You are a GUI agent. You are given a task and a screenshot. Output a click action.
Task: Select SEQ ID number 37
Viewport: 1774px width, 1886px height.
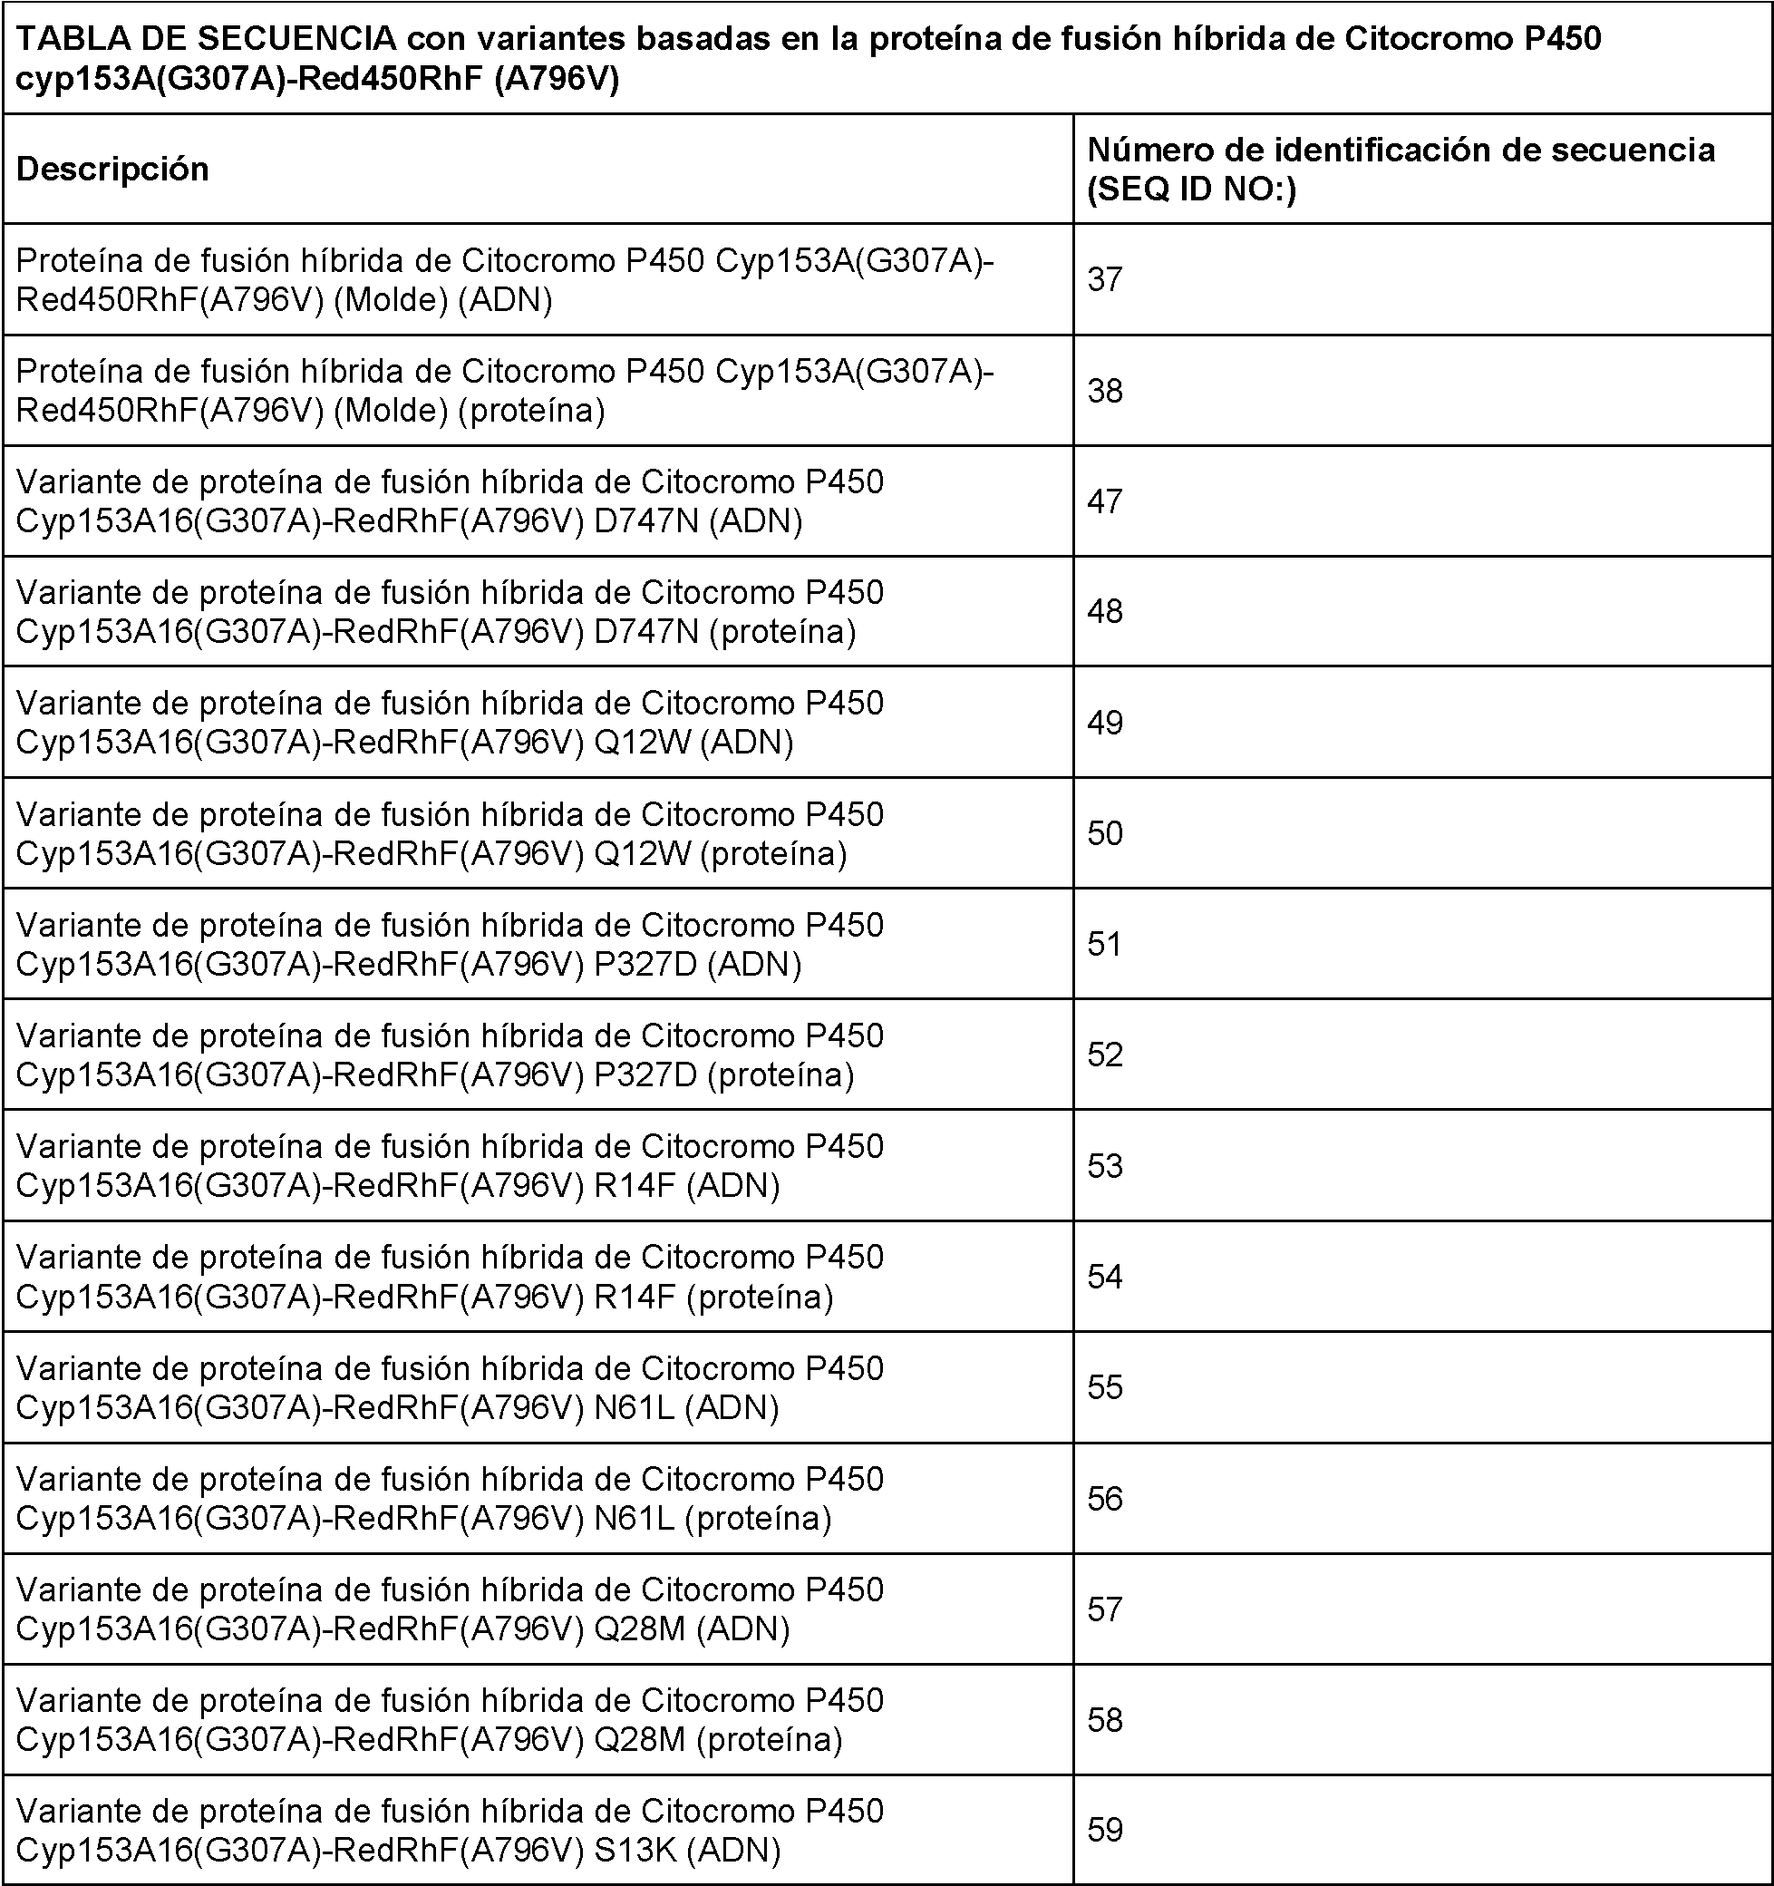point(1105,280)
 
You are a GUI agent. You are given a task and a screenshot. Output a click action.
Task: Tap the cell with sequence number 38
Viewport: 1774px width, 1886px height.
point(1105,391)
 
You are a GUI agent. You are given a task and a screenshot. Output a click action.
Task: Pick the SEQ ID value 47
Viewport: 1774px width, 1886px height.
point(1105,501)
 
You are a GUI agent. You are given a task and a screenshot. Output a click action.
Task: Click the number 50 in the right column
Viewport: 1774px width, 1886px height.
point(1105,833)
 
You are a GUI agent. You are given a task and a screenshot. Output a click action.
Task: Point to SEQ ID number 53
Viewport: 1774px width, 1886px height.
point(1105,1165)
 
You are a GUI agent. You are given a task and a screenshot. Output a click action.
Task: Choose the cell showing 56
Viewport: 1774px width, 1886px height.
point(1105,1498)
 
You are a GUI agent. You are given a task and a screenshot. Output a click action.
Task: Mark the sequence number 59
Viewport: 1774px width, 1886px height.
point(1105,1829)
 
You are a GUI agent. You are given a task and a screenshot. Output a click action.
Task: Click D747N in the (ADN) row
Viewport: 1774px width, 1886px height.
point(646,520)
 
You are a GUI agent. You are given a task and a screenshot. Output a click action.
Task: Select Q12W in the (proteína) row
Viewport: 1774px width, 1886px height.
point(642,854)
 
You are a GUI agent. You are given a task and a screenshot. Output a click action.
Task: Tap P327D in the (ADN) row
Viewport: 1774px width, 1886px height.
point(645,964)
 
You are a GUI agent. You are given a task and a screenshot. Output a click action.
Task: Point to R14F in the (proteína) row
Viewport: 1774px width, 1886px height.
point(635,1297)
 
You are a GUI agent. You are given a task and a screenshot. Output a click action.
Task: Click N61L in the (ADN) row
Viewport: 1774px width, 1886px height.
point(634,1408)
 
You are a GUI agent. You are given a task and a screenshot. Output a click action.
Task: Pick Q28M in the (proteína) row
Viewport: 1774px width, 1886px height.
point(639,1740)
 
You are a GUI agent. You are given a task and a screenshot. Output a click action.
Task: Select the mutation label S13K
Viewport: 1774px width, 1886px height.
point(635,1850)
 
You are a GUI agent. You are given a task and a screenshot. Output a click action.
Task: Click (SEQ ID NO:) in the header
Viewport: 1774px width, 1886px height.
point(1191,190)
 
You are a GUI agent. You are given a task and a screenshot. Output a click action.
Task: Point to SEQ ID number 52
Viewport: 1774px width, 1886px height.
point(1105,1055)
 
